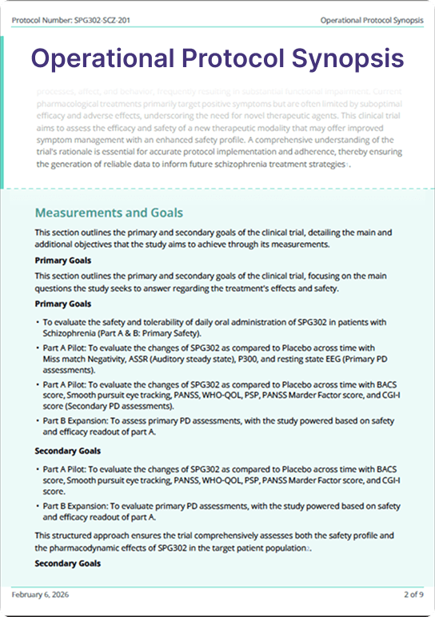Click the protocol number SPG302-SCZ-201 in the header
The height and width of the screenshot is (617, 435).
click(83, 19)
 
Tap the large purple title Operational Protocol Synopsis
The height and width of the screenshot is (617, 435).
click(217, 58)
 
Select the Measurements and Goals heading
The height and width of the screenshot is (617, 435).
click(109, 213)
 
